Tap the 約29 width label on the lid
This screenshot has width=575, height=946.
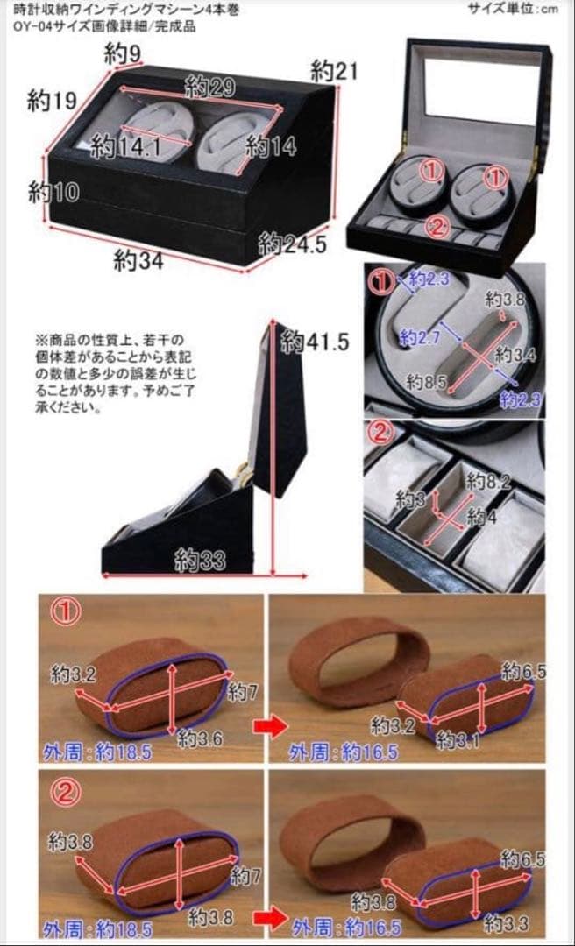click(x=209, y=86)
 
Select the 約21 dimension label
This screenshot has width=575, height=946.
click(x=335, y=71)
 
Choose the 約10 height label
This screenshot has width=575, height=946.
click(x=53, y=191)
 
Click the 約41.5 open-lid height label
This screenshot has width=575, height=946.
click(x=315, y=342)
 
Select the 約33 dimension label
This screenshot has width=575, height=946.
click(x=198, y=559)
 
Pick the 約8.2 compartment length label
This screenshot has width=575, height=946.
click(x=487, y=481)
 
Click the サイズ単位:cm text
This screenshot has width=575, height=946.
click(x=524, y=9)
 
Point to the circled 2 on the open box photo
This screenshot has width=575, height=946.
click(x=437, y=226)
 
